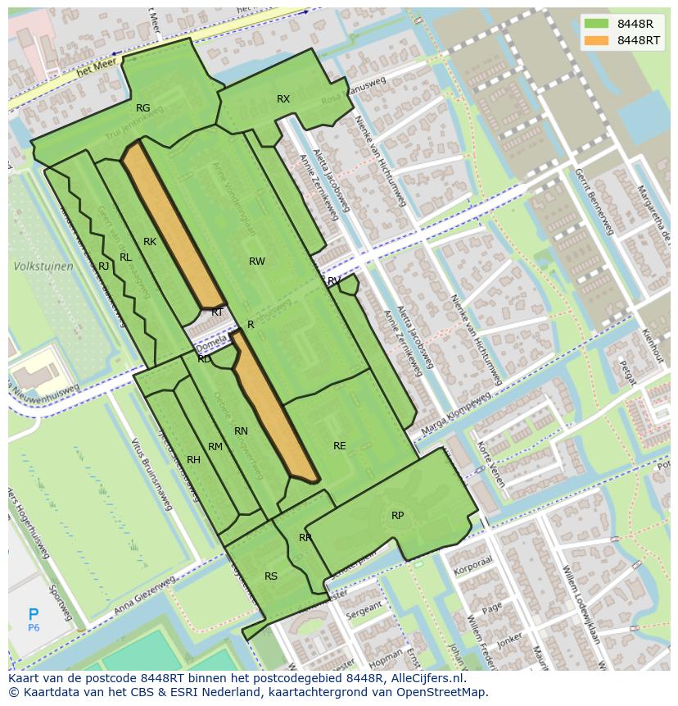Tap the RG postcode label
pyautogui.click(x=143, y=108)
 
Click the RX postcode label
pyautogui.click(x=283, y=99)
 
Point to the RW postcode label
pyautogui.click(x=257, y=262)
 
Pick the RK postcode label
pyautogui.click(x=150, y=242)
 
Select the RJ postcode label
pyautogui.click(x=104, y=266)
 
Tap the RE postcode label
pyautogui.click(x=340, y=446)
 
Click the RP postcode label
pyautogui.click(x=397, y=516)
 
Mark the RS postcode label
pyautogui.click(x=271, y=576)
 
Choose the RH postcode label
pyautogui.click(x=193, y=460)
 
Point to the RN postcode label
pyautogui.click(x=241, y=431)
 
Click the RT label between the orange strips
pyautogui.click(x=218, y=312)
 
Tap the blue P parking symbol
pyautogui.click(x=34, y=614)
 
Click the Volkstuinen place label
pyautogui.click(x=43, y=266)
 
